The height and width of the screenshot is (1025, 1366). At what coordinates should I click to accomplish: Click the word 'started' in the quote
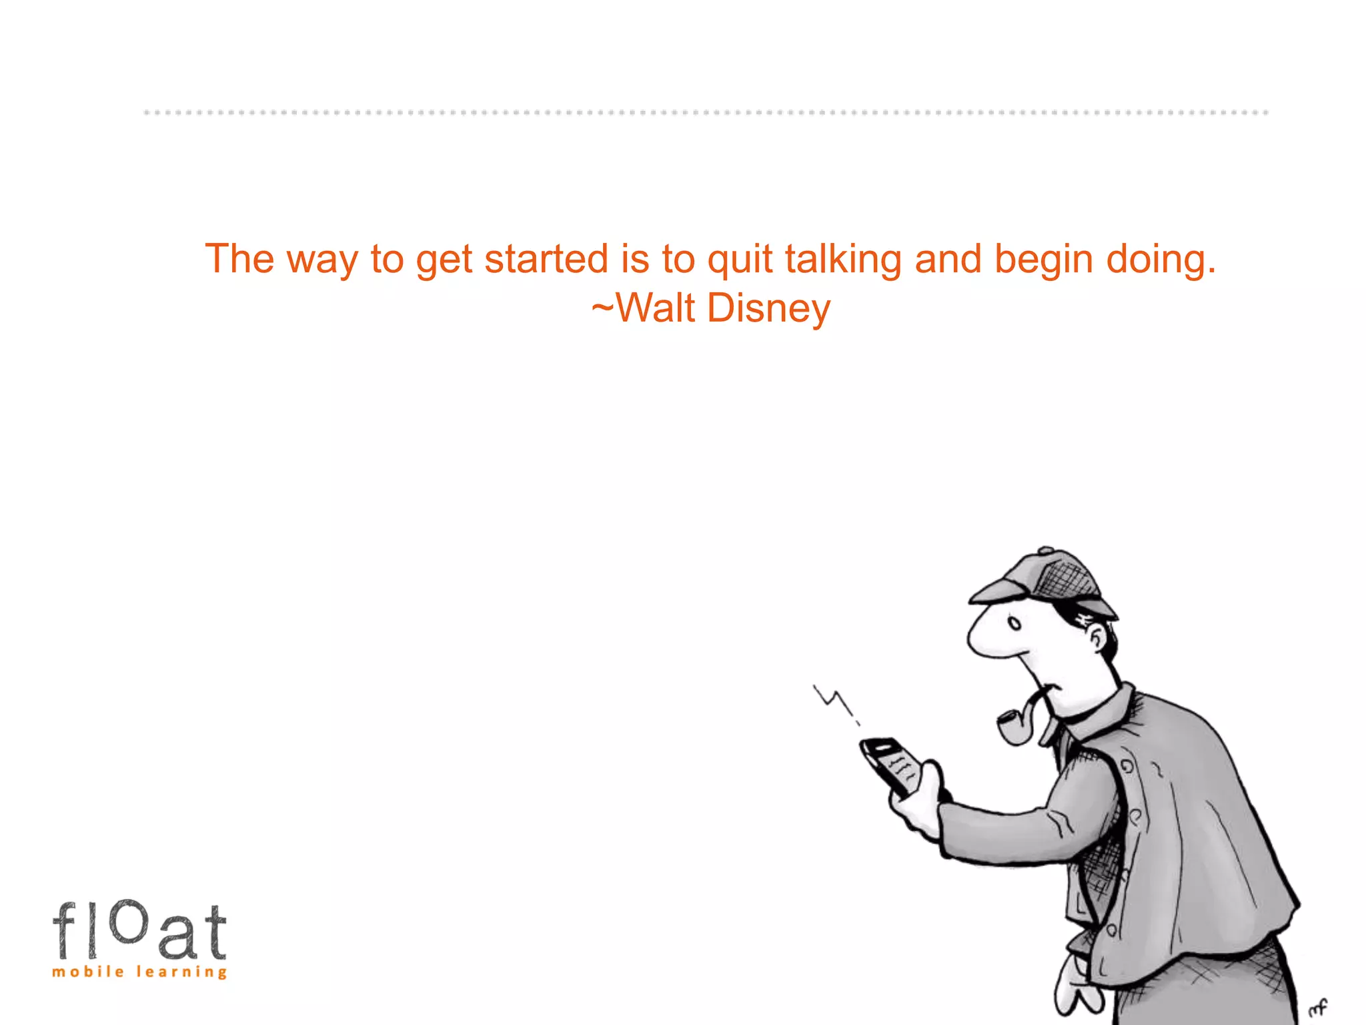point(546,259)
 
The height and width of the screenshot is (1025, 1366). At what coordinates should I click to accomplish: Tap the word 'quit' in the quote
point(740,259)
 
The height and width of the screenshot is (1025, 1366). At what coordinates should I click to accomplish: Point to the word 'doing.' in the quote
point(1161,259)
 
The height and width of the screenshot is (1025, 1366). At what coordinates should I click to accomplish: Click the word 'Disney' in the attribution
point(768,308)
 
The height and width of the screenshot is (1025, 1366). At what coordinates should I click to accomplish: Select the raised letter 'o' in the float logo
point(127,921)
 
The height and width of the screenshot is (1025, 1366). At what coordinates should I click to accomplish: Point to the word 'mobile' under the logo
point(88,972)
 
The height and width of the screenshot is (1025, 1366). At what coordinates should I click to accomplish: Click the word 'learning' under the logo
point(181,972)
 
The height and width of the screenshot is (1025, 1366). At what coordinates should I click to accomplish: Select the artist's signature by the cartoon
point(1318,1006)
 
